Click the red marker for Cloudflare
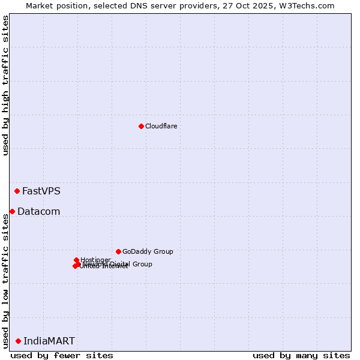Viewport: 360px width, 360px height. tap(141, 126)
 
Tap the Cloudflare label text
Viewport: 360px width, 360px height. tap(161, 126)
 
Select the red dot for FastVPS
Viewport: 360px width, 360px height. tap(17, 191)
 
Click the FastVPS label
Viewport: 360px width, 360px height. tap(41, 191)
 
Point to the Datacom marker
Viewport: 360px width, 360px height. tap(12, 211)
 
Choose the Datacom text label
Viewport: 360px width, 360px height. tap(38, 211)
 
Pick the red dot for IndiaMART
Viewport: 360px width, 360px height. tap(18, 341)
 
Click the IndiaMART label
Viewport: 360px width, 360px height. tap(49, 341)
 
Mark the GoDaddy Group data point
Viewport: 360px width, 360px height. tap(118, 251)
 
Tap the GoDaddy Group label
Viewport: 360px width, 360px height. tap(148, 251)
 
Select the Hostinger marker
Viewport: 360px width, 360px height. tap(76, 260)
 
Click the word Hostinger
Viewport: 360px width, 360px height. tap(96, 260)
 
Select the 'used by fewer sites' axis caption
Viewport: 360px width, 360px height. tap(62, 355)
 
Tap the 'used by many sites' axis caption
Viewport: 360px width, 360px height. tap(301, 355)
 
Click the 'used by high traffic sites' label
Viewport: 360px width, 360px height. tap(6, 85)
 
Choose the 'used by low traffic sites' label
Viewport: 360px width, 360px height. tap(6, 281)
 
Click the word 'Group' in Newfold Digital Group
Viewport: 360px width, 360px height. tap(142, 264)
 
